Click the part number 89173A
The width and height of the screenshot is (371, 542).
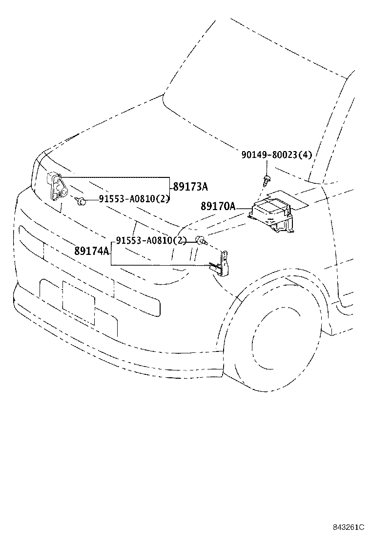pyautogui.click(x=190, y=187)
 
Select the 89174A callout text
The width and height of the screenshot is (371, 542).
pyautogui.click(x=92, y=251)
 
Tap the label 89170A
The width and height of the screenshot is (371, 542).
pyautogui.click(x=218, y=206)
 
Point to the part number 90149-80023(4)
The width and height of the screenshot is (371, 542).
pyautogui.click(x=276, y=155)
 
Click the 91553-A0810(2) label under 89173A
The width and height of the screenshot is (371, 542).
pyautogui.click(x=134, y=199)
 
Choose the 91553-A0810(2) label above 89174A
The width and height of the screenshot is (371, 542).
pyautogui.click(x=151, y=240)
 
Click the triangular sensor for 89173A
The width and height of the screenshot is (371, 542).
pyautogui.click(x=57, y=187)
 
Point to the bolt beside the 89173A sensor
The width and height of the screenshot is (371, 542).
pyautogui.click(x=80, y=200)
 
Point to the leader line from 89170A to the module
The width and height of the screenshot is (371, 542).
pyautogui.click(x=244, y=208)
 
